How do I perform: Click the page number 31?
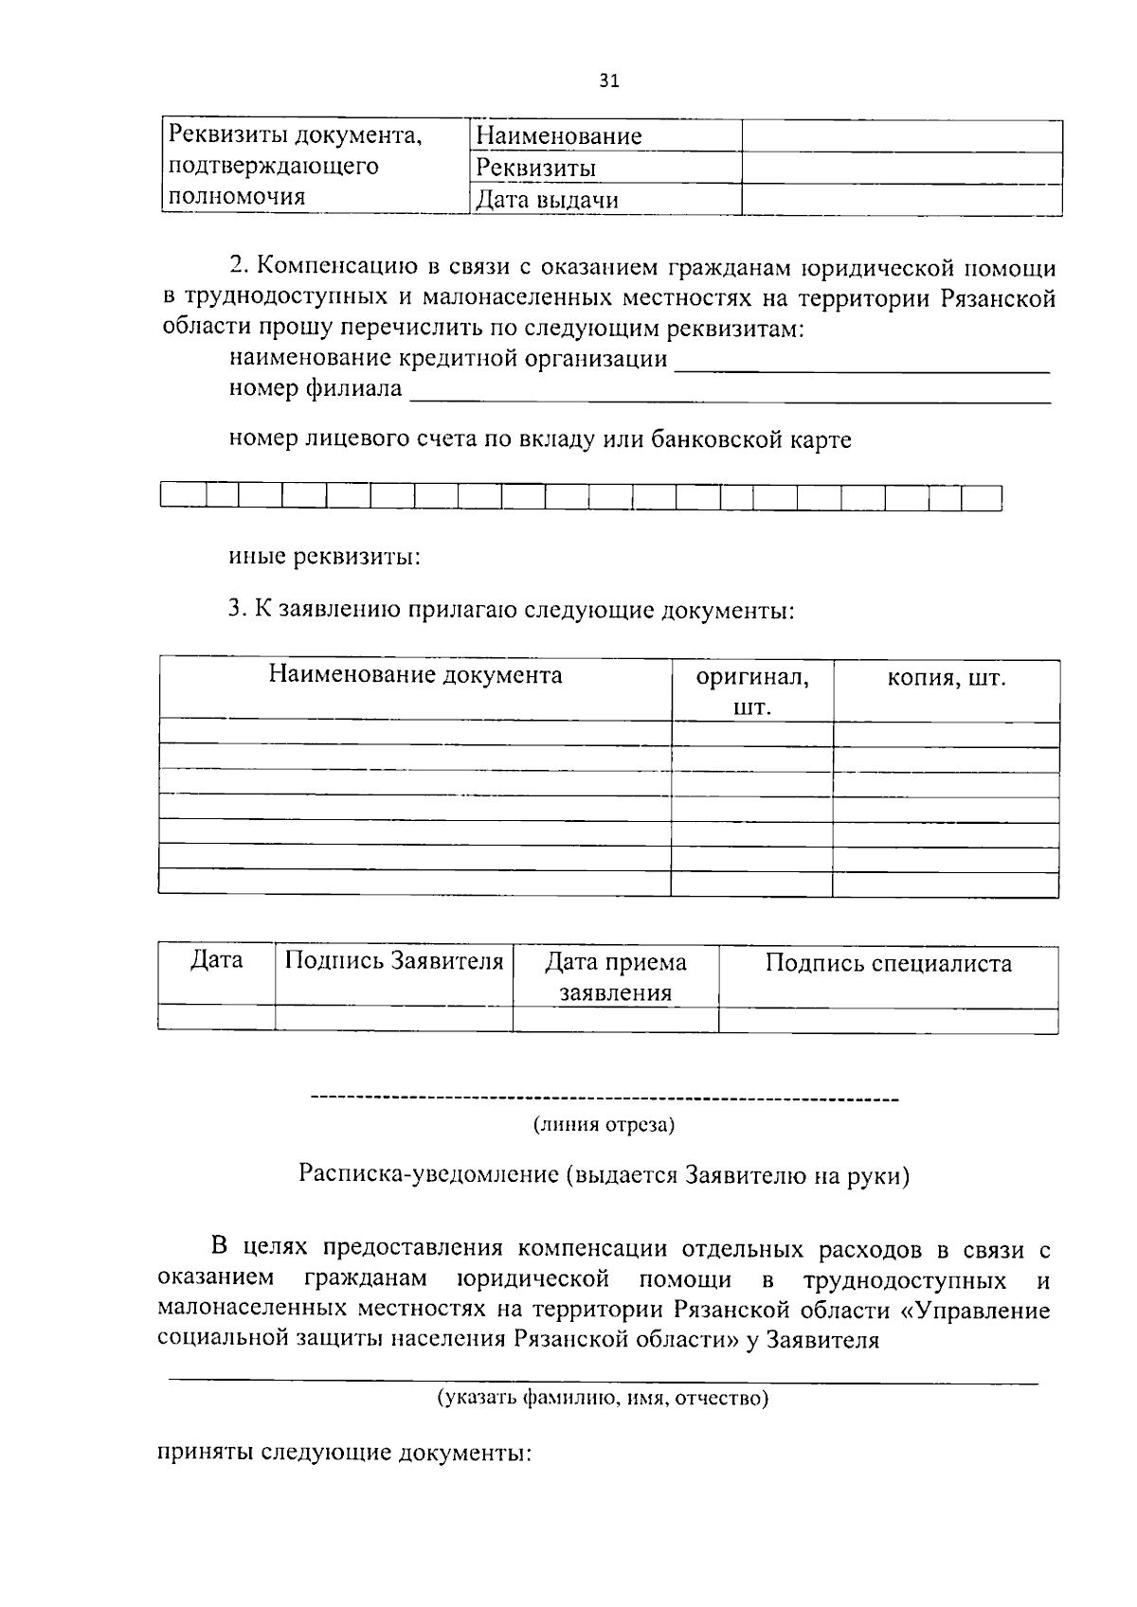(609, 81)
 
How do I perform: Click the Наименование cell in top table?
(558, 136)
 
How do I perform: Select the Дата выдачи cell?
(547, 200)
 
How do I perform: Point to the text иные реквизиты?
(325, 557)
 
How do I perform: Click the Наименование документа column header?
(415, 675)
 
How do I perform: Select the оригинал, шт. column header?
(752, 691)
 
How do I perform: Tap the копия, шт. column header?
(946, 678)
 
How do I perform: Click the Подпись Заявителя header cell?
(394, 962)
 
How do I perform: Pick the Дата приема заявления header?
(616, 977)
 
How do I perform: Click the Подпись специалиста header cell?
(888, 964)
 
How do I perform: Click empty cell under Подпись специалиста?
(888, 1020)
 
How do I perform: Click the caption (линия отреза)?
(604, 1125)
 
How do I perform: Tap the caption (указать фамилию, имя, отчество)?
(603, 1398)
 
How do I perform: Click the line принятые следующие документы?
(343, 1453)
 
